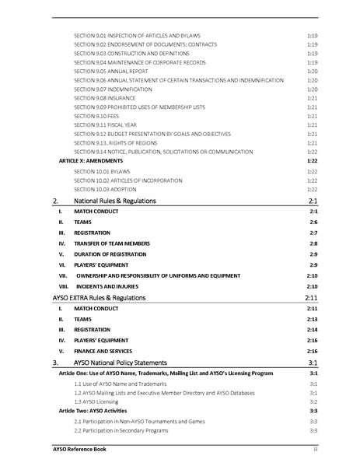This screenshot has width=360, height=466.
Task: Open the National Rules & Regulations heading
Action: (x=116, y=201)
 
